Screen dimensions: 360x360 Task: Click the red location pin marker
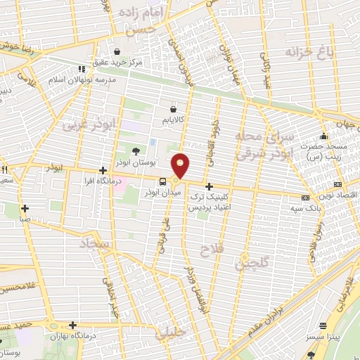point(181,165)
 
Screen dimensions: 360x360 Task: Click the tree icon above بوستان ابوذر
point(136,150)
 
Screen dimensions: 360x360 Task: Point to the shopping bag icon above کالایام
point(173,109)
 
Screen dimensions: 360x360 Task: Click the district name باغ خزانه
point(307,52)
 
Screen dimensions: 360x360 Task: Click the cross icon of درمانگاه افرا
point(103,170)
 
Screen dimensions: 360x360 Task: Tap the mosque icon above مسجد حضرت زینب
point(323,136)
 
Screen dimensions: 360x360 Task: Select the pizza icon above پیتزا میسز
point(323,326)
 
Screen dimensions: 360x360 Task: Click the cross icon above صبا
point(25,208)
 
